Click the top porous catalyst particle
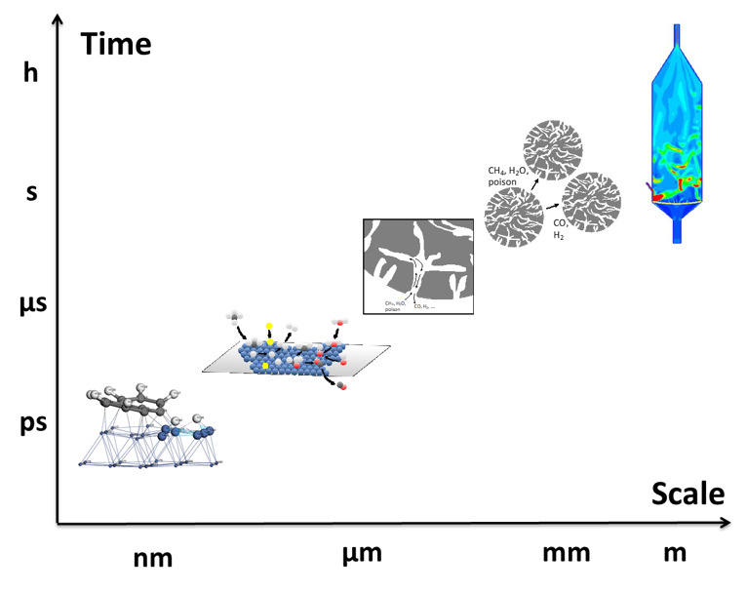(x=553, y=149)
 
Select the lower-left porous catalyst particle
(x=514, y=217)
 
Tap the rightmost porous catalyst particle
(x=591, y=202)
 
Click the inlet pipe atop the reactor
(x=676, y=34)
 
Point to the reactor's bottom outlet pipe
(x=676, y=230)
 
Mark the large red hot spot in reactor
(x=658, y=197)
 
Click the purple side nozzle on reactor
(x=649, y=186)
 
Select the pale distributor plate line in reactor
(x=675, y=202)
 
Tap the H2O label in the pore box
(x=400, y=303)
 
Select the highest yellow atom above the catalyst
(x=269, y=326)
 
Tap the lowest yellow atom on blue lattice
(x=264, y=365)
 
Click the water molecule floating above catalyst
(x=339, y=321)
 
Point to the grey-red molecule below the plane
(x=341, y=385)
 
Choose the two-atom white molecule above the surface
(x=292, y=327)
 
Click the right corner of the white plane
(x=388, y=346)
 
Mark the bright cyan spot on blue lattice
(x=203, y=427)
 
